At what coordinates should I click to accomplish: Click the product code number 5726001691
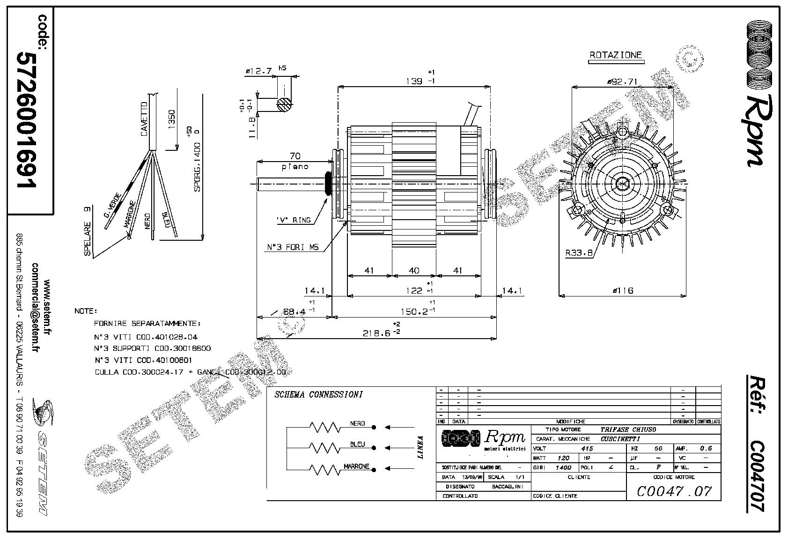27,120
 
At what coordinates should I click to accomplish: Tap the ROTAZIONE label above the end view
615,55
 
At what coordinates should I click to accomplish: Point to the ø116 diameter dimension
622,290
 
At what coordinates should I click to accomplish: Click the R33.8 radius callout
579,253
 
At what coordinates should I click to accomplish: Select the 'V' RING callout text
294,220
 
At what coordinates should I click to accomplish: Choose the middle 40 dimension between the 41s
414,270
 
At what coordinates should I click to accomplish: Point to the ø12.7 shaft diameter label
259,71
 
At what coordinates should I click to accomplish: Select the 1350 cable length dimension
171,120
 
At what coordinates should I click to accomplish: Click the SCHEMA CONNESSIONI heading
318,394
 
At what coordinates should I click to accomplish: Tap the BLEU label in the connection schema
357,444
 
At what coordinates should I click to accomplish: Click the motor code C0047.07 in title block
674,491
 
